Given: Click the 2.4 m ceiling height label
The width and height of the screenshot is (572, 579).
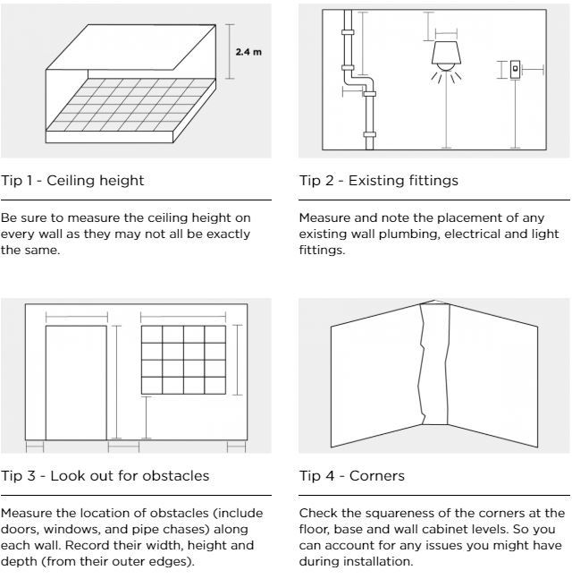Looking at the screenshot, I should click(248, 52).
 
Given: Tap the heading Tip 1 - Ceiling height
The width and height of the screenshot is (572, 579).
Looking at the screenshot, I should click(72, 181).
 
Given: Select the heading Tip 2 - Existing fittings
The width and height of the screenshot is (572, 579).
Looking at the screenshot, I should click(378, 181).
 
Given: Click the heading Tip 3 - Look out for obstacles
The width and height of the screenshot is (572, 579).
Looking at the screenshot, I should click(105, 475).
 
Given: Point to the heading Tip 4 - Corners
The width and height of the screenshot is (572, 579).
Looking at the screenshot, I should click(351, 475).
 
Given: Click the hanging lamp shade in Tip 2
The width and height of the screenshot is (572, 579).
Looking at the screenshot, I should click(445, 55).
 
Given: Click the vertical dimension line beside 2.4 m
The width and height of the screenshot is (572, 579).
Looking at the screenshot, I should click(229, 52).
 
